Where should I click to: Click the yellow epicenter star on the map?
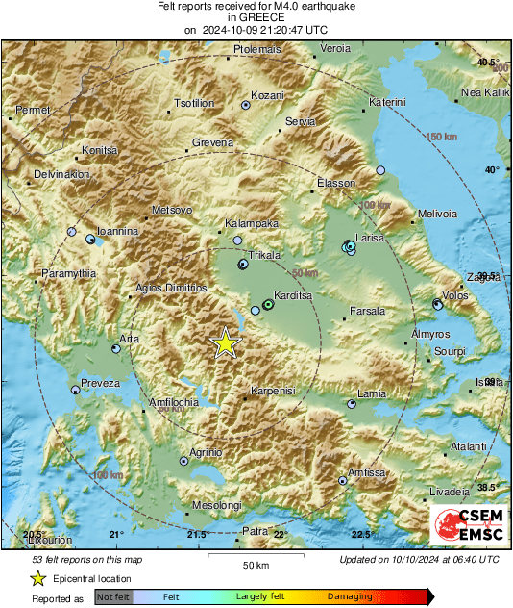[225, 342]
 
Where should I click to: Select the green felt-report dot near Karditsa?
[268, 305]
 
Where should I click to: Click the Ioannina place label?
[118, 232]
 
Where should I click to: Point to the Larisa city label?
[370, 237]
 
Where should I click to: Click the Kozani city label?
[268, 96]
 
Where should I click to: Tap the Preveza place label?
[101, 383]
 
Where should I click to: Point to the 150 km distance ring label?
[440, 138]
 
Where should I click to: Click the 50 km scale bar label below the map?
[254, 564]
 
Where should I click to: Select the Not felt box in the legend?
[114, 596]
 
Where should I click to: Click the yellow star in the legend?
[37, 578]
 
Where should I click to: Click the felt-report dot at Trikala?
[243, 263]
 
